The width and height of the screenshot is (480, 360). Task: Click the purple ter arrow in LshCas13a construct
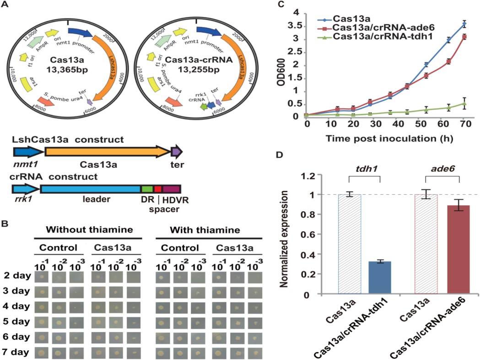point(177,151)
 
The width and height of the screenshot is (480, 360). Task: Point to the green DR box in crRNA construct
point(146,189)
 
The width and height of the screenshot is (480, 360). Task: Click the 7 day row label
point(16,352)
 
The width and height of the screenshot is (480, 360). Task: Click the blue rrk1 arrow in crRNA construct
point(26,189)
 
